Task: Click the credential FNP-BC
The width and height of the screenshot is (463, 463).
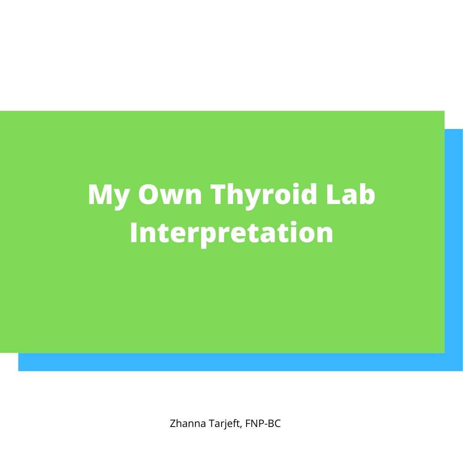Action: pos(263,424)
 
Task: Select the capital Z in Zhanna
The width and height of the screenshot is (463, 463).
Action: pos(173,424)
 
